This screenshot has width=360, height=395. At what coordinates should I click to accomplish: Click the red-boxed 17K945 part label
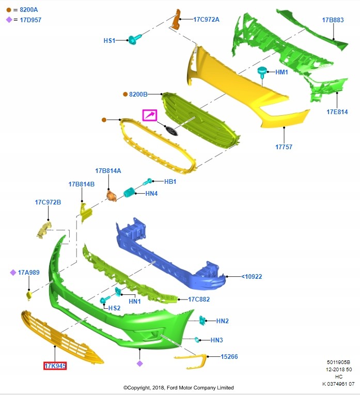[x=55, y=366]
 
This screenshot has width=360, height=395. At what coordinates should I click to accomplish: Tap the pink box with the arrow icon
[x=150, y=115]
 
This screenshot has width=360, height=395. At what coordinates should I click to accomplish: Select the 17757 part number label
[x=284, y=147]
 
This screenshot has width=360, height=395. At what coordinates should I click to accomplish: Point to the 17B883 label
[x=333, y=20]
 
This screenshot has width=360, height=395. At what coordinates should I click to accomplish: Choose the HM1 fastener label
[x=281, y=72]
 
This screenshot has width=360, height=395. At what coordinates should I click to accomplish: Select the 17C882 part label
[x=199, y=299]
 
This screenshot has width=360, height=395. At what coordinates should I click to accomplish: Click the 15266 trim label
[x=229, y=356]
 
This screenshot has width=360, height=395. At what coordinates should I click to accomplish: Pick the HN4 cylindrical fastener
[x=129, y=193]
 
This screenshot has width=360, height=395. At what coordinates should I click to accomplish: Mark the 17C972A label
[x=207, y=20]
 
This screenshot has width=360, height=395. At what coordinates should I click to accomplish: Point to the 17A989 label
[x=28, y=272]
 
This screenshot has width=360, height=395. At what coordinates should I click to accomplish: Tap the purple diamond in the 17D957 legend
[x=9, y=20]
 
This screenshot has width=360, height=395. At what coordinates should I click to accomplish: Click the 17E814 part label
[x=337, y=112]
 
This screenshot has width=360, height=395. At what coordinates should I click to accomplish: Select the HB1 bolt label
[x=170, y=182]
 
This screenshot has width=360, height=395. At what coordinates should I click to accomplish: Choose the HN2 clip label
[x=222, y=321]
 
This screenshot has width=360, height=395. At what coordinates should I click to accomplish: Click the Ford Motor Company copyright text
[x=178, y=387]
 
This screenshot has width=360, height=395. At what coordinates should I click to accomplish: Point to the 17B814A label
[x=107, y=170]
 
